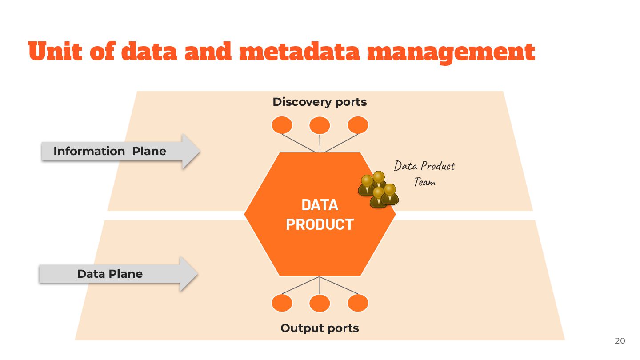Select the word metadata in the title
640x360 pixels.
click(299, 52)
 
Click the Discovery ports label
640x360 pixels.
click(320, 102)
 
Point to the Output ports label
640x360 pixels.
click(320, 328)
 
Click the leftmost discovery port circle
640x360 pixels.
click(282, 125)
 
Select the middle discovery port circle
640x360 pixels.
click(320, 125)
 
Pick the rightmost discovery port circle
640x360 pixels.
click(358, 125)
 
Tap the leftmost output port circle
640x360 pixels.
click(282, 304)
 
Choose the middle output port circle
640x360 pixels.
click(320, 304)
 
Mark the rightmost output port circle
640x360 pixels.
click(358, 304)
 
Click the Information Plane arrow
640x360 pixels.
click(120, 151)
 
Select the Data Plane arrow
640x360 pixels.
click(118, 274)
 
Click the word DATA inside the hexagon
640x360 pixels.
click(320, 205)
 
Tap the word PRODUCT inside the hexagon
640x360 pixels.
click(320, 224)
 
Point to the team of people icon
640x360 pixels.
click(378, 189)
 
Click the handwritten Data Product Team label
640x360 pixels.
click(424, 173)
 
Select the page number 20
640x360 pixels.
click(620, 341)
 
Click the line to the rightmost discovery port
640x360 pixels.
click(341, 143)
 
